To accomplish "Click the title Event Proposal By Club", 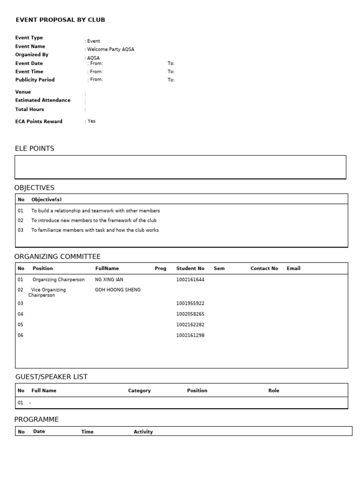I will [x=60, y=20].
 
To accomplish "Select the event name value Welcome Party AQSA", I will [x=111, y=49].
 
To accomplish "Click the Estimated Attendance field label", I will [x=43, y=100].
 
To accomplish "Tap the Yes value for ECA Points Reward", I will [x=91, y=121].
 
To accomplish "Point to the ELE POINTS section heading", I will [x=35, y=149].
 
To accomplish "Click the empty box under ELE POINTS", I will [x=180, y=167].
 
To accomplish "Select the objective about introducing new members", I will [x=94, y=220].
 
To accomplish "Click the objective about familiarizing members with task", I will [x=95, y=230].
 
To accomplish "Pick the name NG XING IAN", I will [x=109, y=279].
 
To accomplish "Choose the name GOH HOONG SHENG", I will [x=118, y=290].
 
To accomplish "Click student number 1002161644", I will [x=190, y=279].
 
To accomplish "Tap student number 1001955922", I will [x=190, y=303].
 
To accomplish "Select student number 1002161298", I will [x=190, y=335].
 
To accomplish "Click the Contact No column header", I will [x=264, y=269].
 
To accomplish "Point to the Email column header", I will [x=293, y=269].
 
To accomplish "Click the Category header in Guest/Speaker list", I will [x=139, y=390].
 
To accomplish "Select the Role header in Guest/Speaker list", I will [x=274, y=390].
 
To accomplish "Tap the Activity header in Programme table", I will [x=143, y=432].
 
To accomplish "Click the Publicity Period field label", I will [x=35, y=80].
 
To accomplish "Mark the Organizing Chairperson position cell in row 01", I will [x=59, y=279].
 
